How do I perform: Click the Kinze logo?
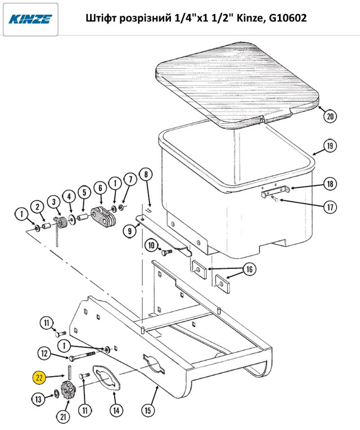click(30, 19)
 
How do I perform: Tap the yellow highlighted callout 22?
click(39, 378)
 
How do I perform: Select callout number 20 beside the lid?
click(330, 117)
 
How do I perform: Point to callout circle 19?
click(330, 146)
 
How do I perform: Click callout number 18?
click(330, 184)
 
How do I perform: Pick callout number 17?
click(330, 207)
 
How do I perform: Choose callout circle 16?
click(249, 269)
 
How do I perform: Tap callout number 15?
click(148, 410)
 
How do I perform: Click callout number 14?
click(116, 410)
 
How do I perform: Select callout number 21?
click(64, 417)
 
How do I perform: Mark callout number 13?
click(38, 399)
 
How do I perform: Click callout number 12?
click(44, 354)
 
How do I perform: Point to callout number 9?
click(129, 231)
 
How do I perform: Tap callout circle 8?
click(146, 174)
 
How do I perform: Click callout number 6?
click(101, 188)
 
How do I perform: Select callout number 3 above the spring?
click(54, 202)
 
